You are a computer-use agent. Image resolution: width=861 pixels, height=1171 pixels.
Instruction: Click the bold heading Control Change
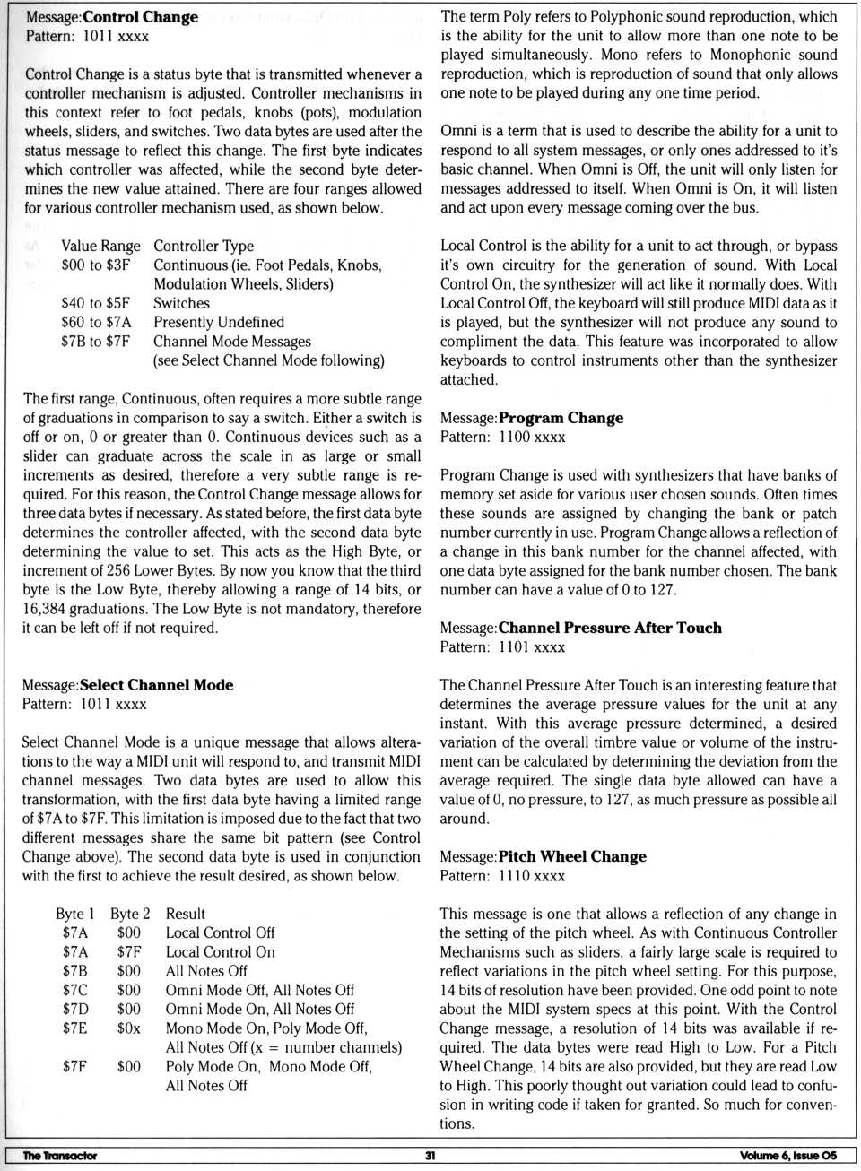[140, 17]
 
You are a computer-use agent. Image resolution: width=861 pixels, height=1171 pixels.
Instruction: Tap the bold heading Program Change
[561, 418]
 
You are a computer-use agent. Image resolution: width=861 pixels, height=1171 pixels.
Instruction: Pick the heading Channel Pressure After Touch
[610, 628]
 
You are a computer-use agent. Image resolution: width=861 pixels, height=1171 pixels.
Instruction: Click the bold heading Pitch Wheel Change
[572, 856]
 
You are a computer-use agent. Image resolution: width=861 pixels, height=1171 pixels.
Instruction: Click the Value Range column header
[100, 246]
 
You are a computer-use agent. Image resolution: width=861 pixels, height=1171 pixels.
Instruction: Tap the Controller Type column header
[204, 246]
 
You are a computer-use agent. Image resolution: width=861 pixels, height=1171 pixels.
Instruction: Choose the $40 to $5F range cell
[95, 303]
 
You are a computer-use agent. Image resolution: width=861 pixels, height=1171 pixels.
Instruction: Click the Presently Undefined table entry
[219, 322]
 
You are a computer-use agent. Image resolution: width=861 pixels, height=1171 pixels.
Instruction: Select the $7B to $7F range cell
[95, 342]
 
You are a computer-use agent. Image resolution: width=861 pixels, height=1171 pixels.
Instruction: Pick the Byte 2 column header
[130, 914]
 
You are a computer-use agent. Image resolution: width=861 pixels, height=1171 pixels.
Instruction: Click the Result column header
[186, 914]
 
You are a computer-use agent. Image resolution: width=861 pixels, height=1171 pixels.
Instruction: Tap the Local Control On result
[221, 952]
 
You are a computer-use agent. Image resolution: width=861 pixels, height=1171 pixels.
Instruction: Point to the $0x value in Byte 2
[128, 1028]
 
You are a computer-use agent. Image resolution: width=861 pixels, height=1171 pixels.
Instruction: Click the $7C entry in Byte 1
[75, 990]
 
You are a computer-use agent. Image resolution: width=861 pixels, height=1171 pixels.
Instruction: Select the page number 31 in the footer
[430, 1156]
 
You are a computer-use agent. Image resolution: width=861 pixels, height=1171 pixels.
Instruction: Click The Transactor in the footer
[59, 1156]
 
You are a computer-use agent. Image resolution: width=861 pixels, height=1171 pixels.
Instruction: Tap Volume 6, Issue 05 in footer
[788, 1156]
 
